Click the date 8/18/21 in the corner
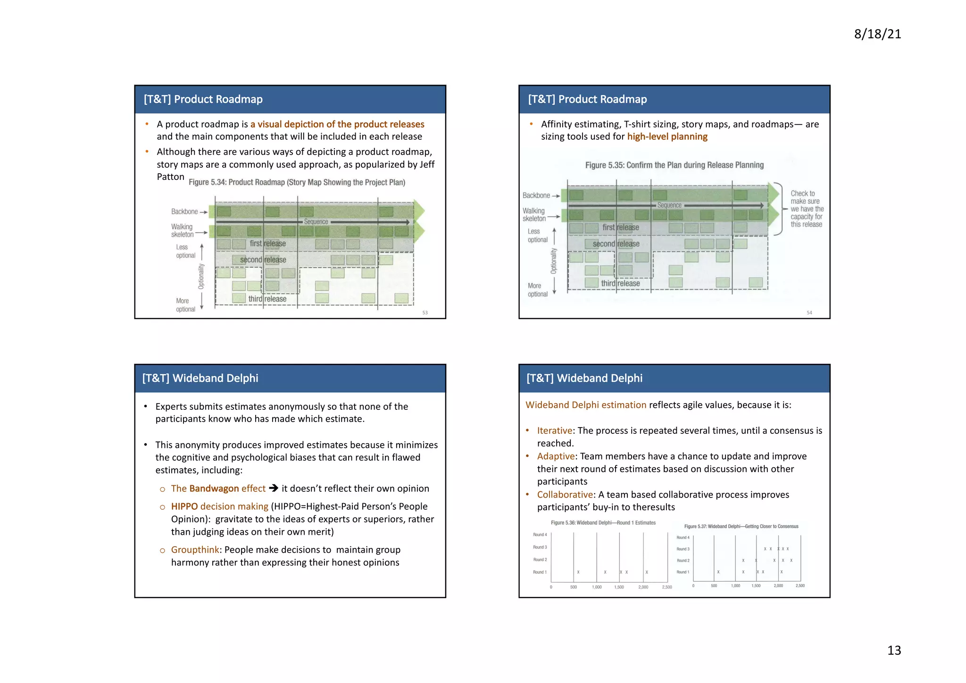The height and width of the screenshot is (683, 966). [x=877, y=34]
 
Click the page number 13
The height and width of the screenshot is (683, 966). [x=894, y=650]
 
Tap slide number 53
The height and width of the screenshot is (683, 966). [x=425, y=313]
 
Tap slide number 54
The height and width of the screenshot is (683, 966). [x=809, y=313]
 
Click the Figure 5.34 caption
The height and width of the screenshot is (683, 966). [x=297, y=182]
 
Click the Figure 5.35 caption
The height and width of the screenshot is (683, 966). [x=674, y=165]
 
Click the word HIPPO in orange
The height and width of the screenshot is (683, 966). [x=184, y=506]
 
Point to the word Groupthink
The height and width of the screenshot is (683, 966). [x=195, y=550]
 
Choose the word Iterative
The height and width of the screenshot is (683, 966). [x=554, y=430]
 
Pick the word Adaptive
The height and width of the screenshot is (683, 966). [x=556, y=456]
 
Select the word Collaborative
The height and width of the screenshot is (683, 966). [x=565, y=495]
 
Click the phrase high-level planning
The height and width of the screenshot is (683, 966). [x=667, y=137]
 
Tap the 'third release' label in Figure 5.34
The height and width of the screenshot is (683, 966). [x=267, y=299]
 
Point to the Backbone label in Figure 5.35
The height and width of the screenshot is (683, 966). [x=536, y=195]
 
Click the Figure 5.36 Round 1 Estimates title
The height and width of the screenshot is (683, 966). [x=603, y=523]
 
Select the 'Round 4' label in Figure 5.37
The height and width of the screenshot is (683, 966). [x=683, y=538]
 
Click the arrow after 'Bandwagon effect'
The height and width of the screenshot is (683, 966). [x=274, y=488]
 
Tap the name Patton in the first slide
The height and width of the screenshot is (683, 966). [x=170, y=177]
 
